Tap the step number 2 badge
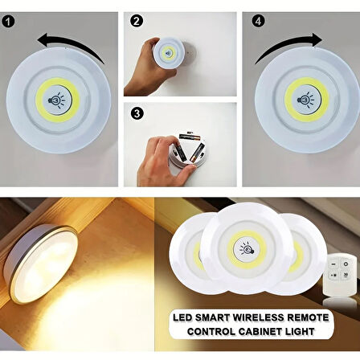(137, 21)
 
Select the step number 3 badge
(137, 114)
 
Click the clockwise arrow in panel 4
(290, 43)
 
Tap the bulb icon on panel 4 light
(305, 100)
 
